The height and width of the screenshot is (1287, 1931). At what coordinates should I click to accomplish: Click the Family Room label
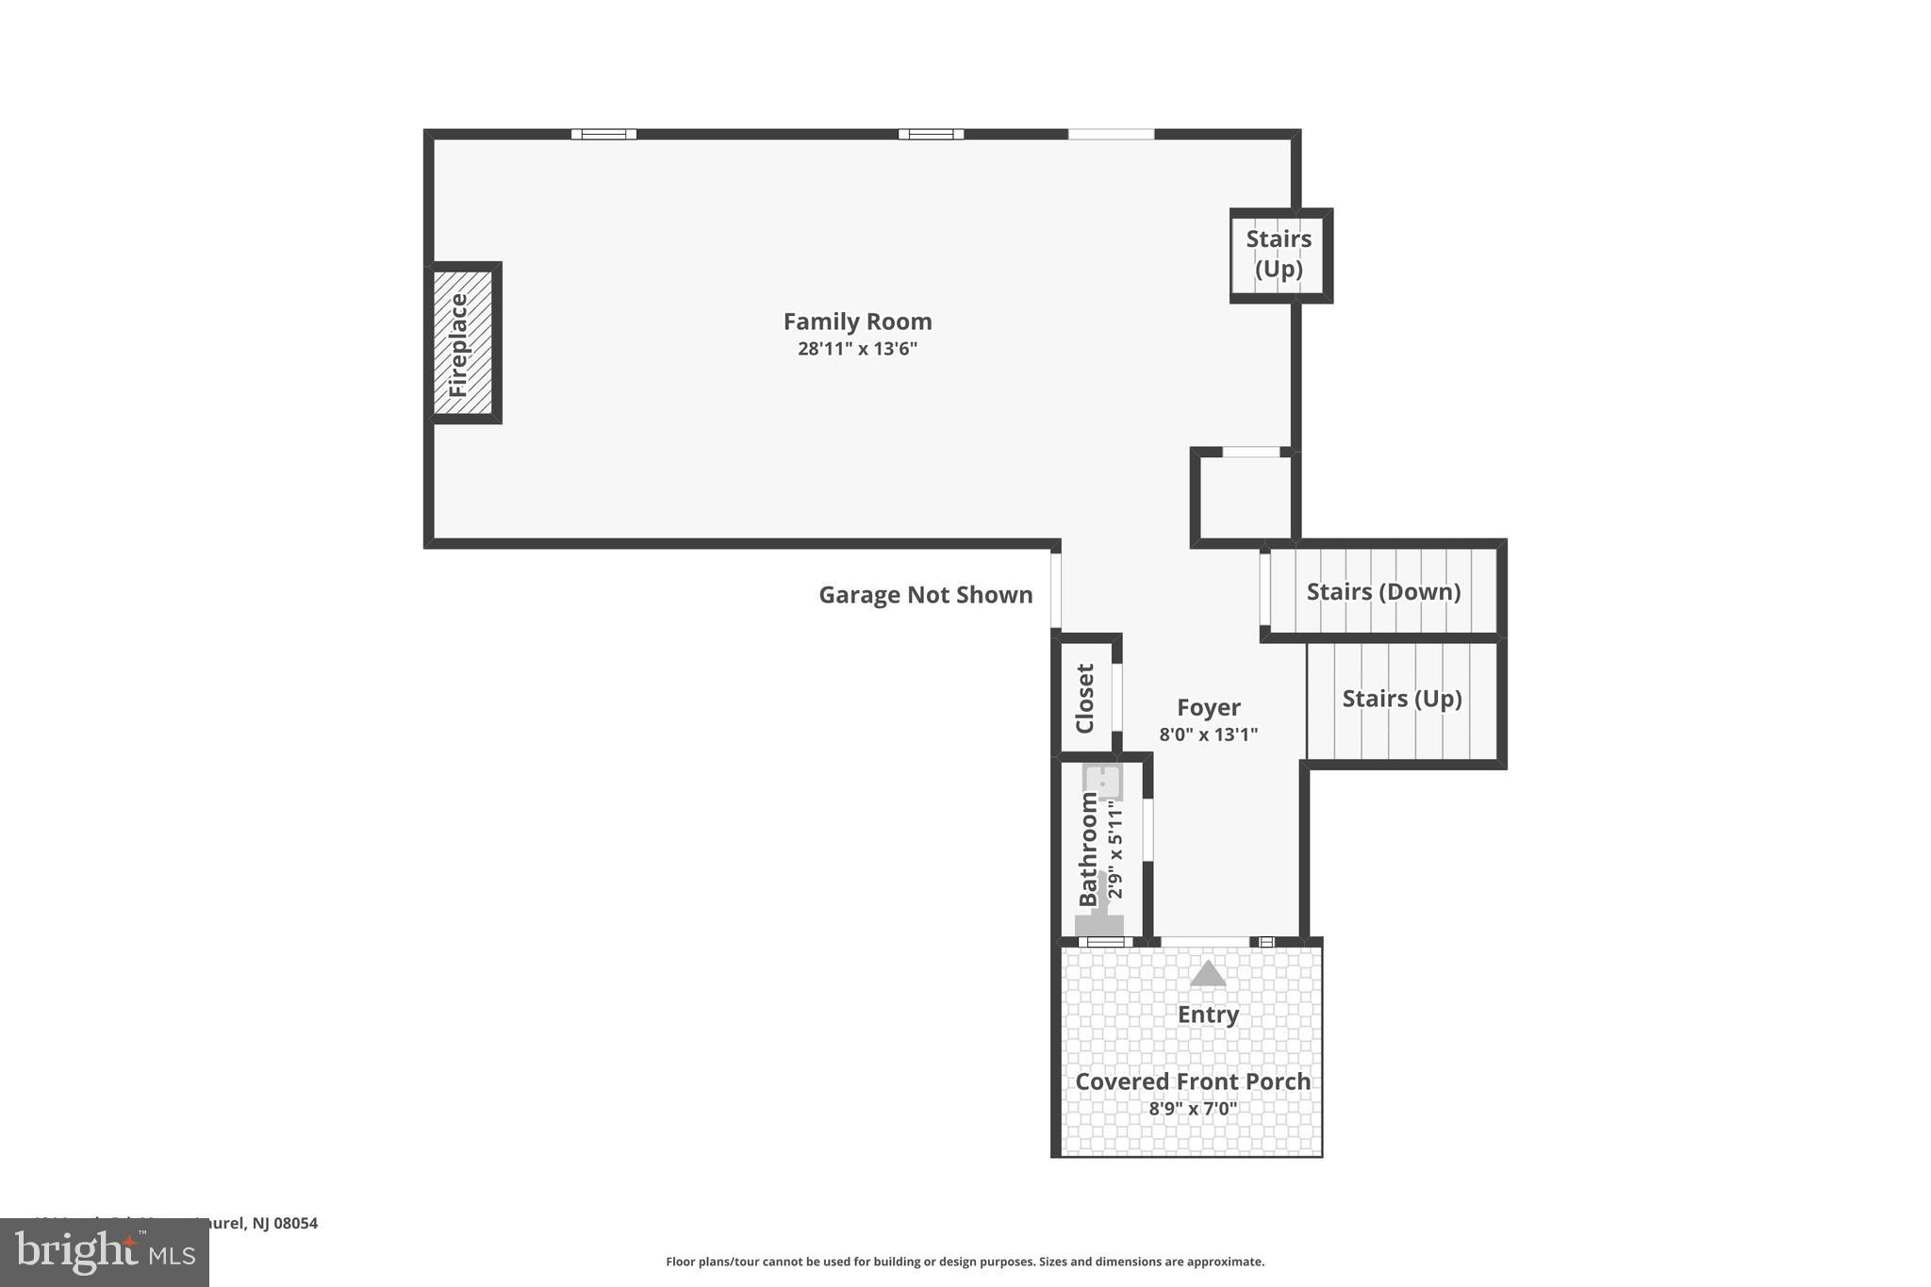coord(857,322)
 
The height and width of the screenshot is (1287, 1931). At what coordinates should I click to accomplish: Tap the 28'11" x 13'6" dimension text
coord(857,349)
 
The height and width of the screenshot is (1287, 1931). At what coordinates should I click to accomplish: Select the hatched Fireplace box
coord(462,343)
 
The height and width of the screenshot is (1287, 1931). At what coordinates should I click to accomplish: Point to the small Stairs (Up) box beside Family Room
coord(1279,255)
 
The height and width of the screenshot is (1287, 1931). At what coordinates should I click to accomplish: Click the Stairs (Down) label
coord(1383,592)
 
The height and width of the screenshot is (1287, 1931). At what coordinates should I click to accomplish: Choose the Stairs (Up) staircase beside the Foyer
coord(1402,700)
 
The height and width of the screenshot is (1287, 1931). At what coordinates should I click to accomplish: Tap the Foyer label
coord(1208,707)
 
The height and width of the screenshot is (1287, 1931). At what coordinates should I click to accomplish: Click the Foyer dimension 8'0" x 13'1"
coord(1208,734)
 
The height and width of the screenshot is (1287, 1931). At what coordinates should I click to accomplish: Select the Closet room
coord(1085,698)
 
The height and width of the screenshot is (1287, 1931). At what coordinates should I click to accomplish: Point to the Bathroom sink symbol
coord(1101,782)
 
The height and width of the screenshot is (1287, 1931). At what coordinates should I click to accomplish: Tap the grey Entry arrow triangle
coord(1207,974)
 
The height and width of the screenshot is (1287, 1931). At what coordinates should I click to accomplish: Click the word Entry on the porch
coord(1207,1015)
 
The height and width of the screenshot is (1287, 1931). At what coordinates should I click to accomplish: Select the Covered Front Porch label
coord(1193,1081)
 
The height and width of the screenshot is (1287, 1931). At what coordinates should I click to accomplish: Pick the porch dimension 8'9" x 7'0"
coord(1193,1109)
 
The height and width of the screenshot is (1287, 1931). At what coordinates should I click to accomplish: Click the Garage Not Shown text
coord(925,595)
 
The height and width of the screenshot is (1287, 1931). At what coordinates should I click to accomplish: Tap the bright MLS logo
coord(104,1253)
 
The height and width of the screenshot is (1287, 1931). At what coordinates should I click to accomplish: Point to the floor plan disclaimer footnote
coord(965,1262)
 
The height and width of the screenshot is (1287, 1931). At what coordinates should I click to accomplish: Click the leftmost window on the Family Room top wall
coord(603,134)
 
